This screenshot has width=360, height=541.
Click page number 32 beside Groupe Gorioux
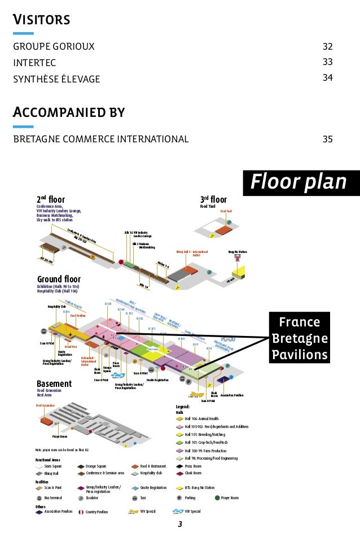click(327, 46)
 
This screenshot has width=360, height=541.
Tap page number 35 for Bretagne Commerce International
click(327, 139)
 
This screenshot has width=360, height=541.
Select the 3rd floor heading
click(213, 199)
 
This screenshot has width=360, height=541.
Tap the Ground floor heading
click(59, 280)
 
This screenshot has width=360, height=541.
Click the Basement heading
click(54, 383)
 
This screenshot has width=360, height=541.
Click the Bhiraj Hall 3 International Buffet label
click(192, 253)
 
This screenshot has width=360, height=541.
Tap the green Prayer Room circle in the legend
click(217, 498)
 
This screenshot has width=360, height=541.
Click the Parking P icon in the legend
click(179, 498)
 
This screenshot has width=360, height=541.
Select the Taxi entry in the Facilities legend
click(143, 498)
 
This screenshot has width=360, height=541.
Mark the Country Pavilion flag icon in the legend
click(82, 512)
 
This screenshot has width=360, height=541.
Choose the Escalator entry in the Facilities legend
click(94, 498)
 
